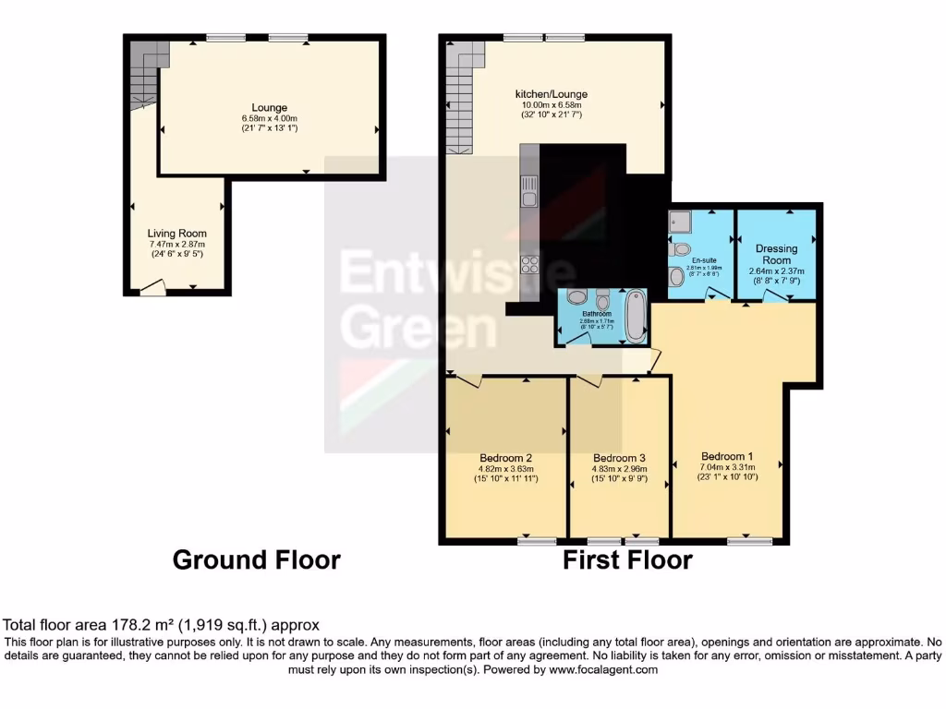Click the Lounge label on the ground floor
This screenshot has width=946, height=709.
(x=270, y=107)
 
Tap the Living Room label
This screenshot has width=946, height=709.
(x=177, y=234)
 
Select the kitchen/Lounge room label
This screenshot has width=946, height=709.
(x=552, y=94)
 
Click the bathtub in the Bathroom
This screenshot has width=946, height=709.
(x=636, y=316)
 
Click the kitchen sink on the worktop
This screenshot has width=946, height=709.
(x=529, y=194)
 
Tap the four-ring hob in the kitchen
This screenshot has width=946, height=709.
(x=530, y=264)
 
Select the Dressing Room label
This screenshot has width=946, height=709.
(x=777, y=254)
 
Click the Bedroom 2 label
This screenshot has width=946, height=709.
(x=505, y=457)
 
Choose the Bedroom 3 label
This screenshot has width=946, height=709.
(x=619, y=458)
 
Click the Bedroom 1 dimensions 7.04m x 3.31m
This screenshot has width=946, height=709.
(x=729, y=467)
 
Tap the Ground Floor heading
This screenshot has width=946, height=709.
(x=257, y=559)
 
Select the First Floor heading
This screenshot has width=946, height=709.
(x=628, y=559)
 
